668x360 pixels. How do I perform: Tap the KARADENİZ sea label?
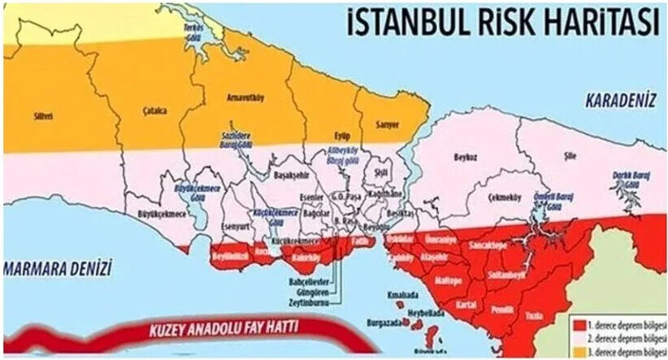click(619, 101)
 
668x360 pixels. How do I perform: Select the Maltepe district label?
click(449, 280)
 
